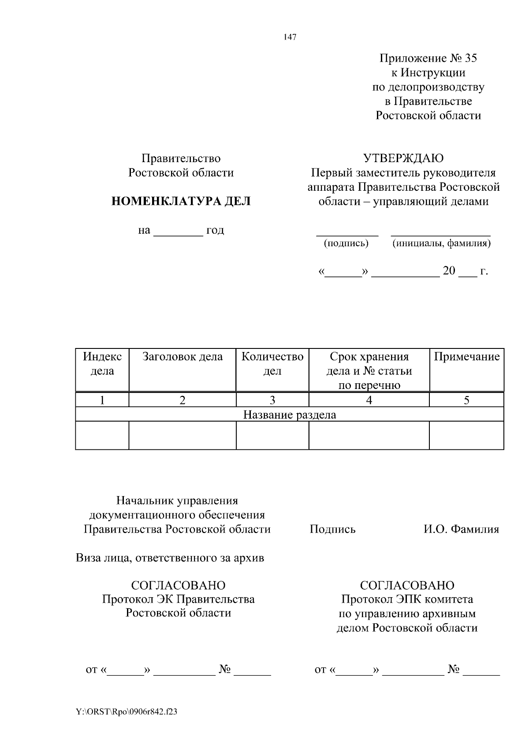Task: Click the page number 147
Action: (x=290, y=37)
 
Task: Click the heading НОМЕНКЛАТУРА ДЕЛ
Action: (x=181, y=202)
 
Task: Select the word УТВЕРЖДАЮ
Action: (x=403, y=158)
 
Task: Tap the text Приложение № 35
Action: (x=428, y=58)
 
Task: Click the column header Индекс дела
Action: (x=102, y=363)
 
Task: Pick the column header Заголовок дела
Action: (x=183, y=357)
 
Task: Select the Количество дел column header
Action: (x=272, y=363)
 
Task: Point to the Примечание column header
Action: (x=466, y=357)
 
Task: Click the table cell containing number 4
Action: (x=369, y=400)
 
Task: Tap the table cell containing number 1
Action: (x=102, y=400)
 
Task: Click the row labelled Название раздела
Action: (x=290, y=415)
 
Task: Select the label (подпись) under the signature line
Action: (x=346, y=243)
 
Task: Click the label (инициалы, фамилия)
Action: (x=441, y=243)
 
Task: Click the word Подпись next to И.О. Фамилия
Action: (x=332, y=529)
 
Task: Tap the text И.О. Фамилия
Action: (x=461, y=529)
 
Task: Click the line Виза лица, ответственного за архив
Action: (x=170, y=558)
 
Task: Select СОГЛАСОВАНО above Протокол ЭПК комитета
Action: (x=407, y=585)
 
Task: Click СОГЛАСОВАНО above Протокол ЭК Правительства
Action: (x=178, y=585)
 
